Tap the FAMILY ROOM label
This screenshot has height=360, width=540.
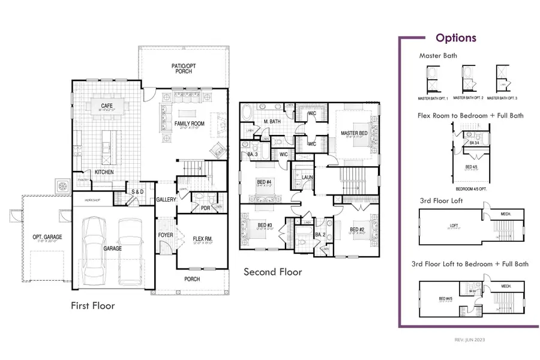190,124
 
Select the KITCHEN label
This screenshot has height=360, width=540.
104,172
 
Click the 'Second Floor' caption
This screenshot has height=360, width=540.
272,272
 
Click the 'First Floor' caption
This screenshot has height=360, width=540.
92,305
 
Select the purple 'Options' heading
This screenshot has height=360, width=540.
455,38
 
